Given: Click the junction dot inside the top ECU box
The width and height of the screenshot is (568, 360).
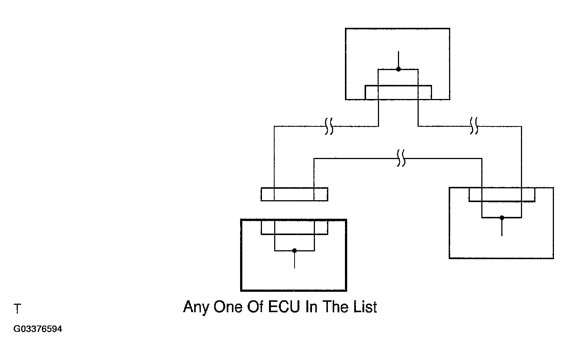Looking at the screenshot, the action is (398, 69).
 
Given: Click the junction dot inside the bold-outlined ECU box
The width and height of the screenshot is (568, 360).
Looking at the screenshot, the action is (295, 251).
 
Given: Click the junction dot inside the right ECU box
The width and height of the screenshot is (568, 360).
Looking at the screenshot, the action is (502, 218).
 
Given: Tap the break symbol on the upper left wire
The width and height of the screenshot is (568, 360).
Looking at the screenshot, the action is (329, 126).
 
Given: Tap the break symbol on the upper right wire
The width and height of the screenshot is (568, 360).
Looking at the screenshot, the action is (474, 126).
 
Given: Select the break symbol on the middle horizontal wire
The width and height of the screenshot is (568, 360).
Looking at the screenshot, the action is (401, 158).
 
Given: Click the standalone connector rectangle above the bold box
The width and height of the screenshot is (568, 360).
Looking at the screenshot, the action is (295, 194).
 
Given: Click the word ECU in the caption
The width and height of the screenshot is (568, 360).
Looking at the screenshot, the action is (284, 307).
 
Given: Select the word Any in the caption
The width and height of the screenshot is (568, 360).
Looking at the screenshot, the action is (196, 307).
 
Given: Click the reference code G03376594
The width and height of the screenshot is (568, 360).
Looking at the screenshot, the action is (38, 329).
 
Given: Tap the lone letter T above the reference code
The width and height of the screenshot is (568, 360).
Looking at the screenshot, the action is (17, 308).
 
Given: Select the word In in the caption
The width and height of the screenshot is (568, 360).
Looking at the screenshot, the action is (311, 307).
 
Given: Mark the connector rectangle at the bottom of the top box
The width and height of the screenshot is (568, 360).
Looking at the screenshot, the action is (398, 92).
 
